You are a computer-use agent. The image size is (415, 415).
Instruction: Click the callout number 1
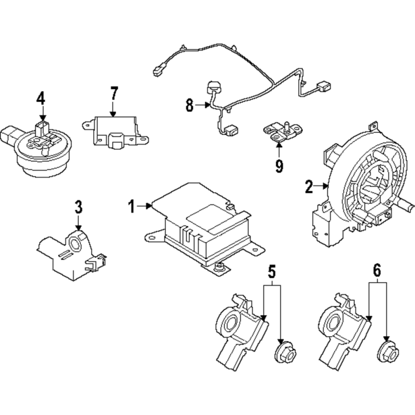click(131, 206)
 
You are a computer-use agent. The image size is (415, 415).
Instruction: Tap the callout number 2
click(309, 187)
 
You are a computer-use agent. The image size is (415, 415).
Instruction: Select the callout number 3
click(78, 207)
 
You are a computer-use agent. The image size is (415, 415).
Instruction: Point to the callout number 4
click(41, 98)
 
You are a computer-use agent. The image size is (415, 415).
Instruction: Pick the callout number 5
click(272, 271)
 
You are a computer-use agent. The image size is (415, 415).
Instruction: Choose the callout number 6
click(377, 270)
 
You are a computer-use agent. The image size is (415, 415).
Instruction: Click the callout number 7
click(113, 93)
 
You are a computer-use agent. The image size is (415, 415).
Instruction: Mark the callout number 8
click(189, 105)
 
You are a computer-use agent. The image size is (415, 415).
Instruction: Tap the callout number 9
click(279, 166)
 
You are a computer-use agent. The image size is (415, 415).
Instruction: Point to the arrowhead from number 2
click(326, 186)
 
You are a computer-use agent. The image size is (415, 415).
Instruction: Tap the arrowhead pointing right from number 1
click(148, 206)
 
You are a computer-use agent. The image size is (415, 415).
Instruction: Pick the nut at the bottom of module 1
click(218, 267)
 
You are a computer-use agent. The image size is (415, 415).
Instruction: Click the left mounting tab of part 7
click(89, 125)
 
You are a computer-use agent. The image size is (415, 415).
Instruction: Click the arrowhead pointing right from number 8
click(207, 105)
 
